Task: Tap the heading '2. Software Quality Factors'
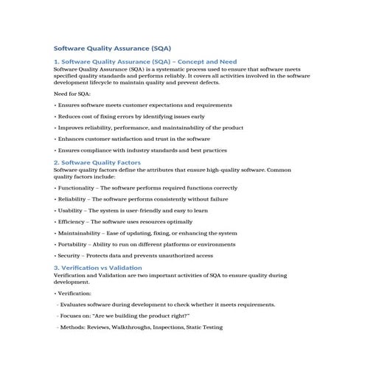pyautogui.click(x=97, y=161)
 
